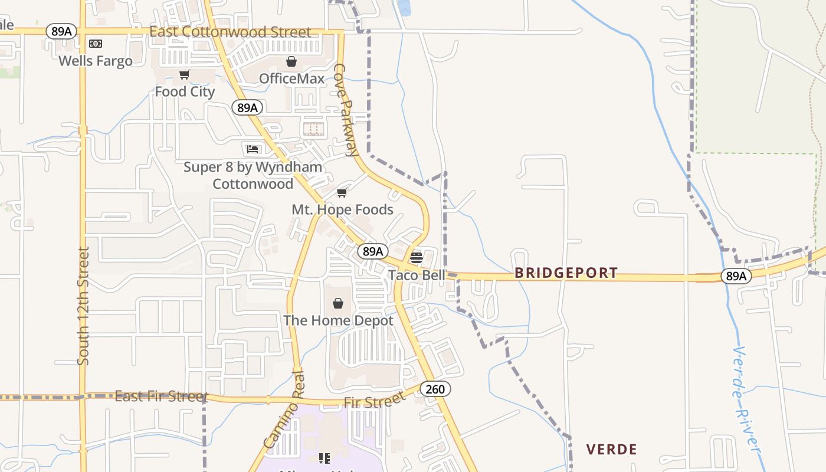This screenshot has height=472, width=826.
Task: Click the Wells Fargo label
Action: coord(96,61)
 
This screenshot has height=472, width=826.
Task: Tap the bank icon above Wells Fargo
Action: coord(96,44)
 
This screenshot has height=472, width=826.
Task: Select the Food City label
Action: coord(185,91)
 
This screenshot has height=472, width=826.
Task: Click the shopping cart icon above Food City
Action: coord(185,74)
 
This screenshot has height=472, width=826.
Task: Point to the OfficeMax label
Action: coord(291,78)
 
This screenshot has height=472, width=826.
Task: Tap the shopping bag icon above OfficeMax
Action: coord(291,61)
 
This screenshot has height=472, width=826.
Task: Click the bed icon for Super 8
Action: coord(253,149)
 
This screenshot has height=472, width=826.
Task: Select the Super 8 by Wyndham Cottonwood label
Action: coord(253,175)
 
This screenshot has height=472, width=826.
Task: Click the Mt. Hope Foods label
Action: coord(342,209)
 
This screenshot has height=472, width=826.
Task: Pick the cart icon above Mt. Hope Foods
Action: coord(342,192)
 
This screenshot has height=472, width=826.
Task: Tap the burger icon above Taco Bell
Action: coord(417,257)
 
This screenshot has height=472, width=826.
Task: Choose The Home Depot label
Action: coord(338,320)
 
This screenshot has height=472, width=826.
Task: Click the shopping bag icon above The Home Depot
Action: coord(338,303)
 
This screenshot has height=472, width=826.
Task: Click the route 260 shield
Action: coord(435,389)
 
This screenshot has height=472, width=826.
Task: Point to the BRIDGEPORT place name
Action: coord(566,273)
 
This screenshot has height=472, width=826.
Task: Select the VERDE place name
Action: coord(611,450)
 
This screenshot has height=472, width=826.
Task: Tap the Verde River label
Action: coord(746,401)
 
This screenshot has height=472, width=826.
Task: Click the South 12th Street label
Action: coord(83,305)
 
